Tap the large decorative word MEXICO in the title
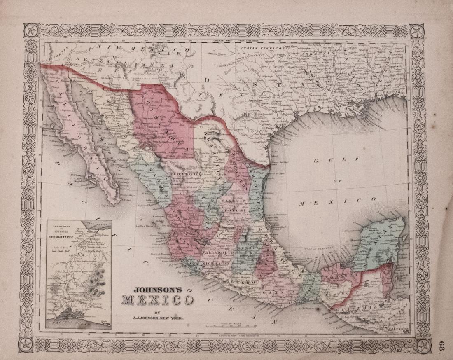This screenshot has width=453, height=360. (158, 300)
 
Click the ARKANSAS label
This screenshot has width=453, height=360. (319, 53)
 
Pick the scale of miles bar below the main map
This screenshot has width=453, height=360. (231, 326)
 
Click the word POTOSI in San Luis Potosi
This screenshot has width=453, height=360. (235, 210)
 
